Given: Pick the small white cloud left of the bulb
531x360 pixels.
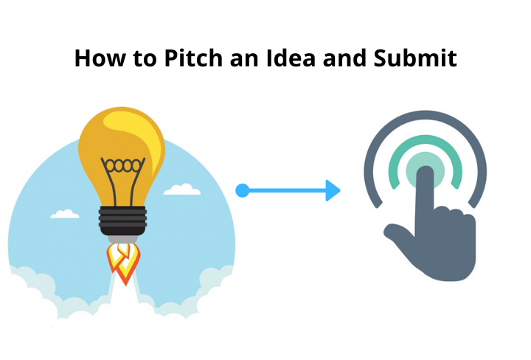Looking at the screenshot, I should point(65,214).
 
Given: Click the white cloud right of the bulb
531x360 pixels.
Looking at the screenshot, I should point(181,190).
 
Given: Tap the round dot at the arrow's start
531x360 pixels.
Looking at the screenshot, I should point(241,191).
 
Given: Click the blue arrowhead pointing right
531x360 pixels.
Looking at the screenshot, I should point(333,191).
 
